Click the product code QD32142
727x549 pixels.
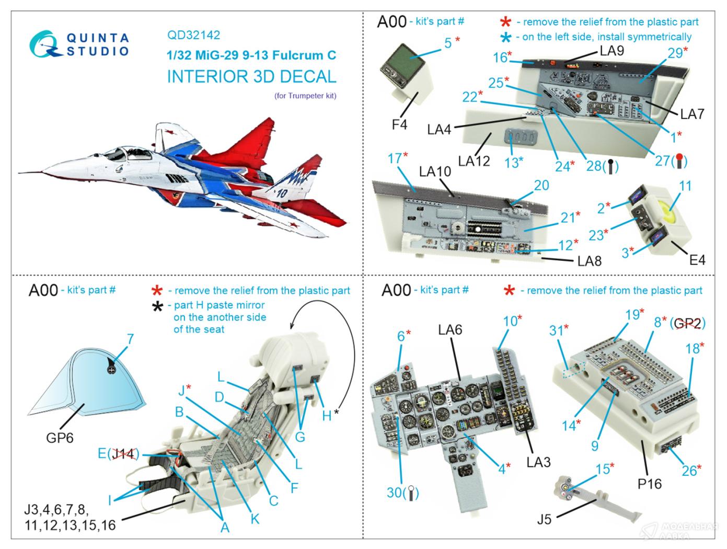click(x=193, y=36)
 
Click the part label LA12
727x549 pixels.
click(x=474, y=160)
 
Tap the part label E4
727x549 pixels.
click(x=697, y=260)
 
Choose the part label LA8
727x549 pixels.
click(x=589, y=260)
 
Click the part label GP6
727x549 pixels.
click(x=60, y=437)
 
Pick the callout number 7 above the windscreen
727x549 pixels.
click(x=130, y=339)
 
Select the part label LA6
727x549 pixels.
click(x=450, y=329)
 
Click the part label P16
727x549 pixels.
click(x=650, y=484)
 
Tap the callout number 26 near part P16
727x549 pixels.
click(x=689, y=471)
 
